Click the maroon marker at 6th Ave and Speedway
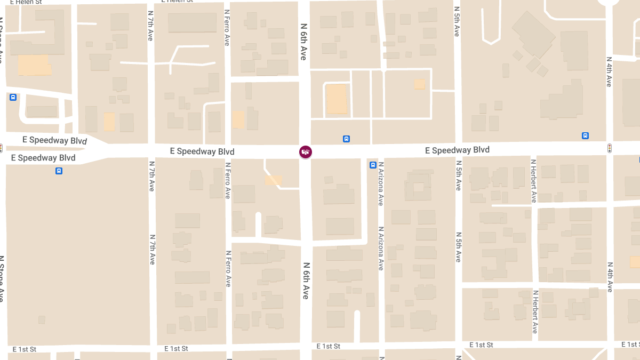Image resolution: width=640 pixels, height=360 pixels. pyautogui.click(x=305, y=152)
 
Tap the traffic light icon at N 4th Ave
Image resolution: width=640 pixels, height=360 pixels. pyautogui.click(x=610, y=148)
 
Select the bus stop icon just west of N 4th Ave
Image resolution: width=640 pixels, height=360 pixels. pyautogui.click(x=586, y=136)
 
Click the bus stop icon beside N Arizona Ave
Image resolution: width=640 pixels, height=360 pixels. pyautogui.click(x=373, y=165)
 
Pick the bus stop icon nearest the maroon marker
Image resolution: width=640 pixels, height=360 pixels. pyautogui.click(x=346, y=139)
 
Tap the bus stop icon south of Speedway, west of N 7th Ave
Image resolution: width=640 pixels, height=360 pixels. pyautogui.click(x=59, y=171)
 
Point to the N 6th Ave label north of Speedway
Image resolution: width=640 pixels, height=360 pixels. pyautogui.click(x=303, y=42)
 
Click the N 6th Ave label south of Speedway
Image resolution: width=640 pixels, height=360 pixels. pyautogui.click(x=306, y=280)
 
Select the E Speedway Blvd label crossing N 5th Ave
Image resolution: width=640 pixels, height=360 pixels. pyautogui.click(x=457, y=150)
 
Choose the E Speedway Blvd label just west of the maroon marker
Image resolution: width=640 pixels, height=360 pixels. pyautogui.click(x=202, y=151)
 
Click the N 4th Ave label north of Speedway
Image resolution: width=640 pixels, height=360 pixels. pyautogui.click(x=609, y=71)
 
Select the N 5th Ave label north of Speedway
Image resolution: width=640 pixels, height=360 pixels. pyautogui.click(x=457, y=21)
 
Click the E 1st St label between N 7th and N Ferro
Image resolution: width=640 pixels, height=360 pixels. pyautogui.click(x=177, y=349)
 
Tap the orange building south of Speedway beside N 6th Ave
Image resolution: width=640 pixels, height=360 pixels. pyautogui.click(x=274, y=181)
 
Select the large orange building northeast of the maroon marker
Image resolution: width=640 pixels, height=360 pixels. pyautogui.click(x=337, y=99)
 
